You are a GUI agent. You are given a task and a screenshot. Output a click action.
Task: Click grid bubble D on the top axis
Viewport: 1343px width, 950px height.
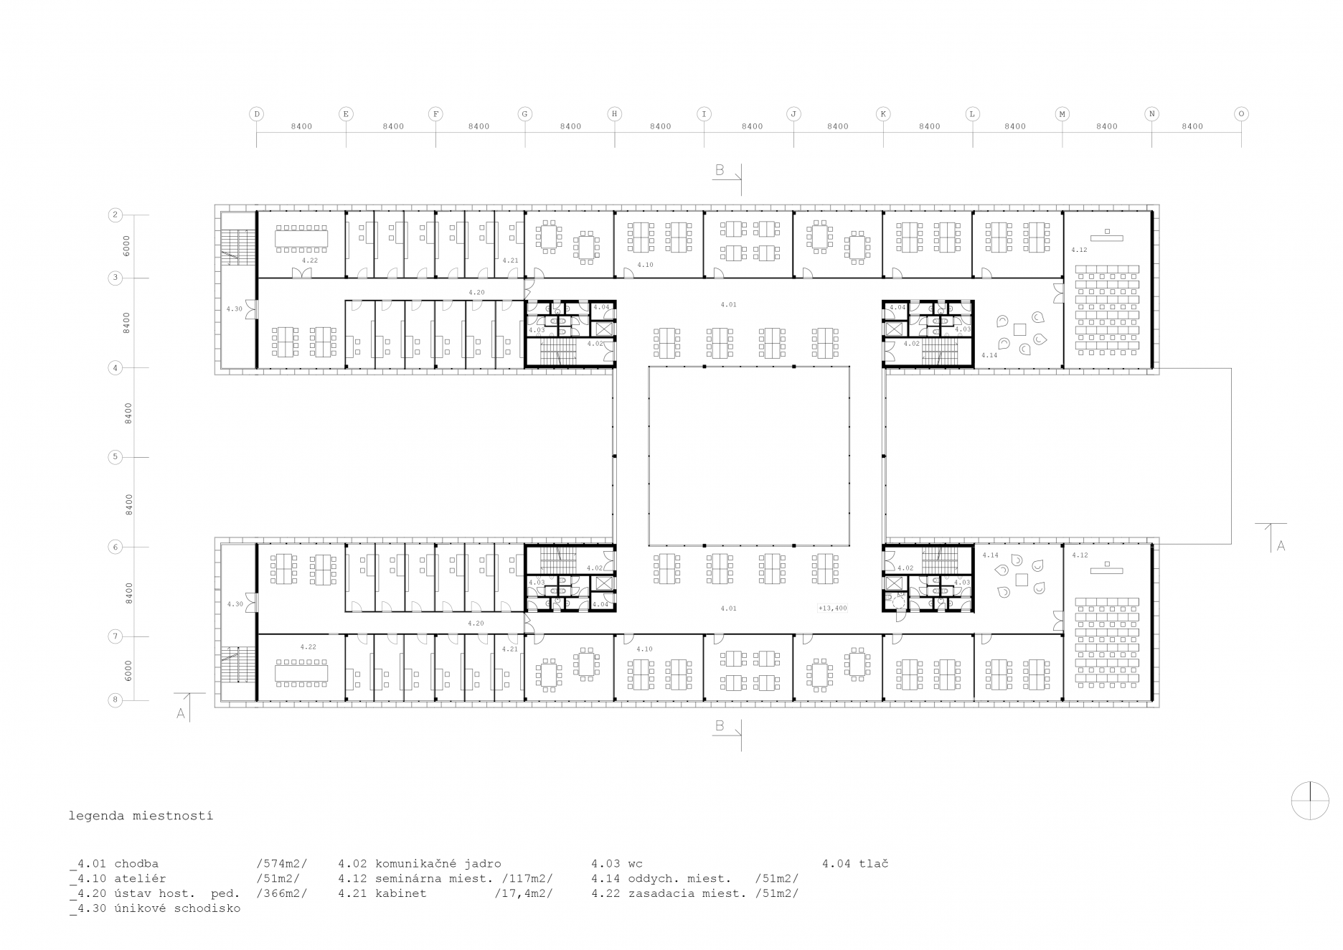(x=256, y=113)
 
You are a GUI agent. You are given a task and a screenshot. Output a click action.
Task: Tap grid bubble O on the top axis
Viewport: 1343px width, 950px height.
(x=1241, y=113)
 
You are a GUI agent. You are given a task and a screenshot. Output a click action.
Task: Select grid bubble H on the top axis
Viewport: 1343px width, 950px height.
(x=614, y=113)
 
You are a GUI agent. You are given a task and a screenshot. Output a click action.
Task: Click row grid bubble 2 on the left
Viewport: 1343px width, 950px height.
(x=114, y=215)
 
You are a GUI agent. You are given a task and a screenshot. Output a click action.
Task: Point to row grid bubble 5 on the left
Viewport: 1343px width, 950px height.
(x=114, y=457)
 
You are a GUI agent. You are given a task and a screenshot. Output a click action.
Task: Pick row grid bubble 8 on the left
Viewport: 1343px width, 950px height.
(x=114, y=700)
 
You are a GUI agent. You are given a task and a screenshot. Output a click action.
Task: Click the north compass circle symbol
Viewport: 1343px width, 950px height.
(x=1309, y=800)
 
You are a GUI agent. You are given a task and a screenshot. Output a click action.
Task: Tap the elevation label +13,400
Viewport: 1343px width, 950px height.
(x=832, y=608)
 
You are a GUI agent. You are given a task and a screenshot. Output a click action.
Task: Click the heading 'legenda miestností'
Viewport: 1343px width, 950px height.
(x=141, y=816)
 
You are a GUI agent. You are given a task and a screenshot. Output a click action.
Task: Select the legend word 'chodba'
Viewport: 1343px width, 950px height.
(x=136, y=863)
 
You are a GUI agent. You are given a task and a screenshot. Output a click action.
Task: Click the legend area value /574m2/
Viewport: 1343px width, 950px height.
(x=282, y=863)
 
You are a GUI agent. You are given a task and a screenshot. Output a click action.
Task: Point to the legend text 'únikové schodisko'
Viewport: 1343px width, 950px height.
(x=177, y=908)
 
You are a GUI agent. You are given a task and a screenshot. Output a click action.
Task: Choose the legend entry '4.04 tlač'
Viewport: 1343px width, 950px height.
(x=855, y=863)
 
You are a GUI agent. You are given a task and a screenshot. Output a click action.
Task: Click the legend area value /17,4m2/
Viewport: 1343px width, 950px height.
(x=524, y=893)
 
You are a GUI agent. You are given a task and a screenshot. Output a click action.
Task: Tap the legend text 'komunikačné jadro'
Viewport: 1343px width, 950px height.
(x=438, y=863)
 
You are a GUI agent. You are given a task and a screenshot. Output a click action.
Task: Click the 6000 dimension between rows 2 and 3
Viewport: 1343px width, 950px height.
(x=127, y=246)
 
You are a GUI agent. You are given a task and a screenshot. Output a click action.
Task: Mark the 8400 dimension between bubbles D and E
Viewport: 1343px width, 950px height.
(x=301, y=126)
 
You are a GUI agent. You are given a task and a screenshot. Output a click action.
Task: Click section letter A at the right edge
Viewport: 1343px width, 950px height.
(x=1281, y=546)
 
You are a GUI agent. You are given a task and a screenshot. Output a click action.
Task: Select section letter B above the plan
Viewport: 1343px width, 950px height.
(x=720, y=170)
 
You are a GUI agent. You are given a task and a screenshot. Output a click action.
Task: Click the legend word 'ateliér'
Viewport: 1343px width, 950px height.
(x=140, y=878)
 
